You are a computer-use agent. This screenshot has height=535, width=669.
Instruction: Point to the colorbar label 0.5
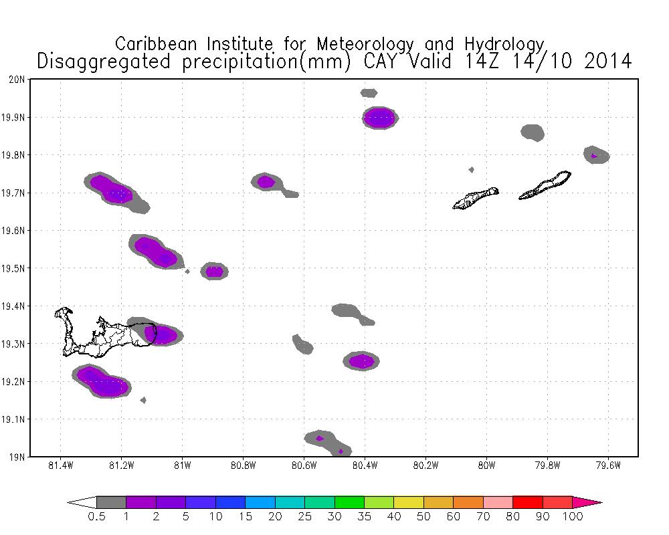(x=96, y=516)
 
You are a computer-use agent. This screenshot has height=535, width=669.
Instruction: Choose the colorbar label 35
(x=364, y=516)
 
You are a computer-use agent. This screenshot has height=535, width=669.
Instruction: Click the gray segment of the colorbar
(x=111, y=502)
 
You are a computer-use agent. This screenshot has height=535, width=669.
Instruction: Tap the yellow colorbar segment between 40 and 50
(x=409, y=502)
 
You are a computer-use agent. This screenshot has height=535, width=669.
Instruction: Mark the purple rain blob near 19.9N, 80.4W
(x=380, y=118)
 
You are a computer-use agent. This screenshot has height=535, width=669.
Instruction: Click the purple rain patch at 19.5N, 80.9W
(x=214, y=271)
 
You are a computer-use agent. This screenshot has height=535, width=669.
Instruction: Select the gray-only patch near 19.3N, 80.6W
(x=302, y=344)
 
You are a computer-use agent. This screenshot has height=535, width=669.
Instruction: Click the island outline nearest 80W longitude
(x=476, y=199)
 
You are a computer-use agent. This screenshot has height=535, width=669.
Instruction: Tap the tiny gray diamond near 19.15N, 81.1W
(x=143, y=400)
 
